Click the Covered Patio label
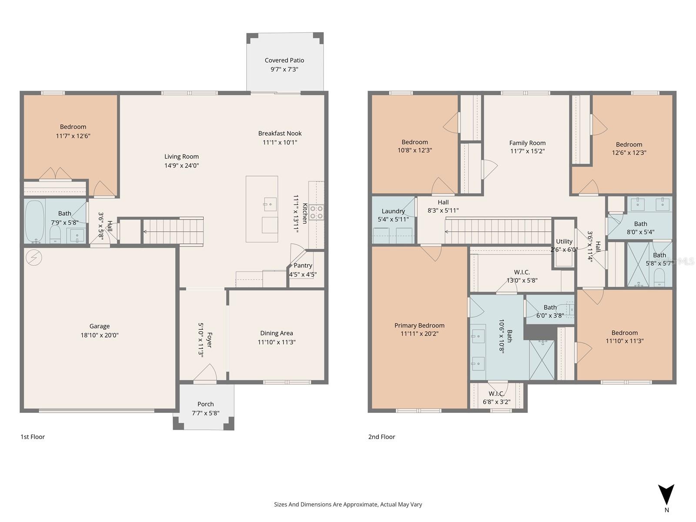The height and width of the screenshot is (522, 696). click(x=284, y=60)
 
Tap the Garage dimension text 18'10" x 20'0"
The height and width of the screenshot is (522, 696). click(x=99, y=335)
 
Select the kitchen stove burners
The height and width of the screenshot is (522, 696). click(x=316, y=212)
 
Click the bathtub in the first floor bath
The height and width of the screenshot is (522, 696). click(x=35, y=221)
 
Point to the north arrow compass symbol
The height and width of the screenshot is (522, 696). click(x=666, y=495)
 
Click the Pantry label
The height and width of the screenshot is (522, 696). click(x=303, y=265)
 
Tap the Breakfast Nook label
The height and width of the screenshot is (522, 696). click(x=280, y=134)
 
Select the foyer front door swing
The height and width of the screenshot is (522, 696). click(x=205, y=373)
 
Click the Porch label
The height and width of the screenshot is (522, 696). click(x=205, y=404)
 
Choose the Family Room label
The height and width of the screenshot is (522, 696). click(x=527, y=143)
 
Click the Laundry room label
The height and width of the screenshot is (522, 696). click(x=393, y=211)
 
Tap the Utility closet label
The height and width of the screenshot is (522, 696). click(x=564, y=241)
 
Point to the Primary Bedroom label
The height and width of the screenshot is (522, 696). click(x=419, y=325)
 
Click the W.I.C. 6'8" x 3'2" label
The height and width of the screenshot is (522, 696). click(x=496, y=398)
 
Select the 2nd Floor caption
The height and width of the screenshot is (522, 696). click(x=381, y=437)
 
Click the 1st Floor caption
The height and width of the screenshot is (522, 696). click(x=33, y=437)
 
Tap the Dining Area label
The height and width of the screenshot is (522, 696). click(x=276, y=333)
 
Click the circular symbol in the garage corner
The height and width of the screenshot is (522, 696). click(x=34, y=258)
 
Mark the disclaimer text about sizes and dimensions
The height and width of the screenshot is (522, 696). click(x=348, y=505)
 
